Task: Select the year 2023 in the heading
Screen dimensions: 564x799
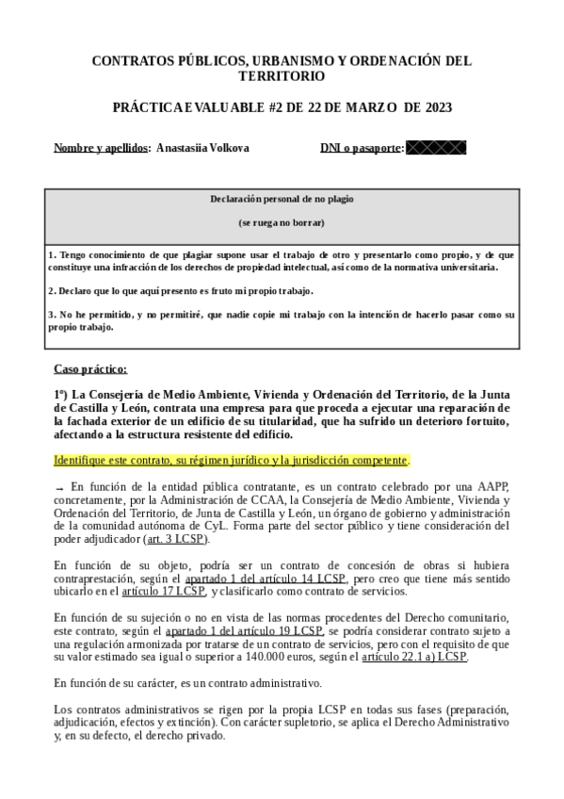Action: pos(434,107)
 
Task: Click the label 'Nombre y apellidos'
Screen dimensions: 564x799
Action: pos(102,148)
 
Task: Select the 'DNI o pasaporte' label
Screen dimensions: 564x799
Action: pos(362,148)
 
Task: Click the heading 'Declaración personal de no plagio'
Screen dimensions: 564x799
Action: pos(282,200)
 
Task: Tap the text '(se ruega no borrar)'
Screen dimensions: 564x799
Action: pos(282,223)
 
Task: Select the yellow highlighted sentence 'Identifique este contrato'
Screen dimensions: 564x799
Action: pos(232,461)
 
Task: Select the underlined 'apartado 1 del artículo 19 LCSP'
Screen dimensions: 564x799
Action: pos(244,629)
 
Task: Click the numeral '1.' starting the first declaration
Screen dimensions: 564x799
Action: pos(52,254)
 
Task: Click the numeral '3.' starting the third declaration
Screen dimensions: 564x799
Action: pos(52,314)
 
